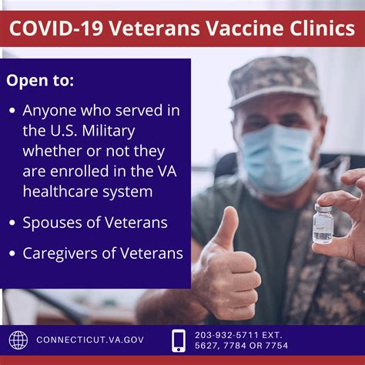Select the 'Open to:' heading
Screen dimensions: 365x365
tap(40, 81)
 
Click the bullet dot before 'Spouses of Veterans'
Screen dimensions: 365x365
tap(12, 223)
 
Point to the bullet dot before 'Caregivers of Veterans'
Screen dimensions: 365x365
tap(12, 253)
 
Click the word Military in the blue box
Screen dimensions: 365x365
tap(109, 132)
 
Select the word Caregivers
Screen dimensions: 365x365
tap(60, 254)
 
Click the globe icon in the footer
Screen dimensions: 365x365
tap(18, 340)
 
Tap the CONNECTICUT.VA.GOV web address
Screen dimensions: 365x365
tap(90, 340)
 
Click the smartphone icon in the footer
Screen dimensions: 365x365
tap(179, 340)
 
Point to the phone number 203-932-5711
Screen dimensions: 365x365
tap(226, 335)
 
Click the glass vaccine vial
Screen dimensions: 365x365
tap(323, 223)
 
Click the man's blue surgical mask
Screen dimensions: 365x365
tap(277, 159)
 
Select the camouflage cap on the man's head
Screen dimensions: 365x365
tap(274, 81)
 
